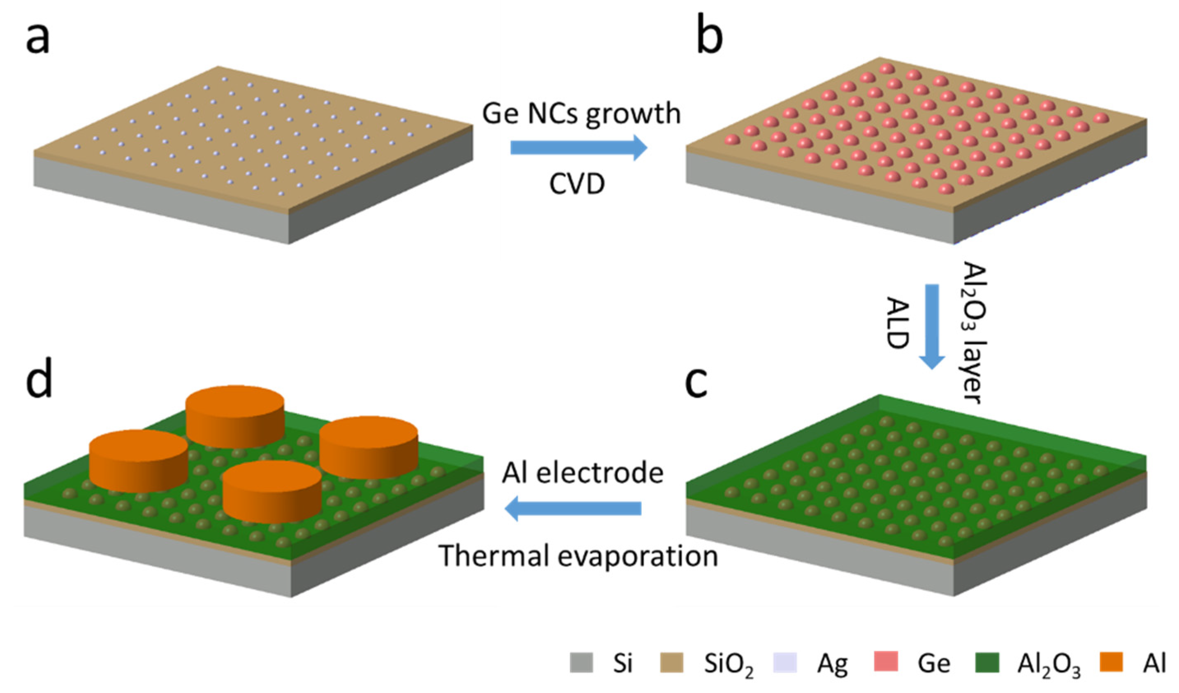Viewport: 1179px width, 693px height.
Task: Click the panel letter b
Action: [709, 37]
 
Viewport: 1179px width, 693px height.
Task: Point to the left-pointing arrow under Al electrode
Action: [573, 508]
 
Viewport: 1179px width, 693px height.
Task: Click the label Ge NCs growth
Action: [582, 114]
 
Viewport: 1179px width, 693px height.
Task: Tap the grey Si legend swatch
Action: [581, 663]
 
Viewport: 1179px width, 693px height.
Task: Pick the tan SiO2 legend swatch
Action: [671, 663]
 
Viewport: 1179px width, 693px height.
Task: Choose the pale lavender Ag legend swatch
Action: [785, 663]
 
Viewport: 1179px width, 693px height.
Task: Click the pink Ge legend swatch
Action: [886, 663]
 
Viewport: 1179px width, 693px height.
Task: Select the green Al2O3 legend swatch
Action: [987, 663]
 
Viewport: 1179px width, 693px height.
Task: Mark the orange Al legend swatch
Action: [1111, 663]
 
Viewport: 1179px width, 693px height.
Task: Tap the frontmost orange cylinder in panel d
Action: [272, 491]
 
